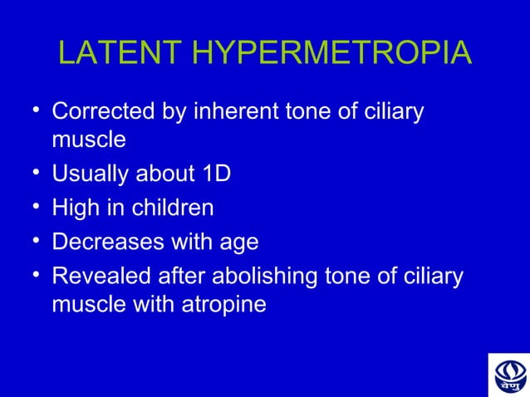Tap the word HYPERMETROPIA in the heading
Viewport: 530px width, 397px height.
(x=331, y=54)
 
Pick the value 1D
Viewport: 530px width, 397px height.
(x=213, y=174)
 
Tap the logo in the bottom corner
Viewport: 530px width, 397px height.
(x=508, y=375)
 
